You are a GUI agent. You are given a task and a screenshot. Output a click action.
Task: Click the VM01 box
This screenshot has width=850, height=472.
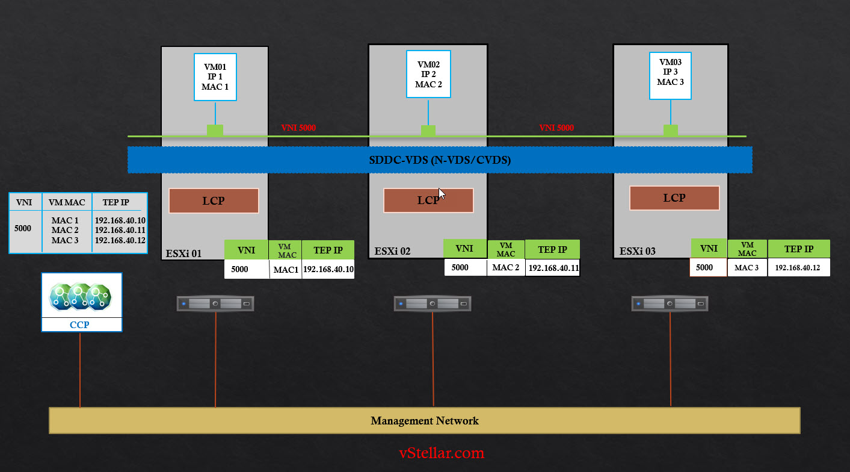click(215, 77)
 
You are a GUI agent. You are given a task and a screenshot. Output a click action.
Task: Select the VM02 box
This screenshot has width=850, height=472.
click(428, 75)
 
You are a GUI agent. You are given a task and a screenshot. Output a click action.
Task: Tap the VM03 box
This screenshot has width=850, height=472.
click(670, 75)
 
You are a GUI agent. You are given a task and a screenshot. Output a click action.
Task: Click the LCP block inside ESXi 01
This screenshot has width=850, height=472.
click(214, 201)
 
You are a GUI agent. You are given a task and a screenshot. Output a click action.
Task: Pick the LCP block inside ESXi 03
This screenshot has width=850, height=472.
click(674, 198)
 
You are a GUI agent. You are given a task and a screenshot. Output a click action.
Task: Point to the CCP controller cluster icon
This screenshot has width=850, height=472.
click(81, 296)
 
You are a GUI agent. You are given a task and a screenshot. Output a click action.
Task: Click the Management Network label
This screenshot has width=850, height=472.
click(425, 421)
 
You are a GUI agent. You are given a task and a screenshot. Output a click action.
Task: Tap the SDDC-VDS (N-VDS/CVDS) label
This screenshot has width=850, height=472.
click(440, 161)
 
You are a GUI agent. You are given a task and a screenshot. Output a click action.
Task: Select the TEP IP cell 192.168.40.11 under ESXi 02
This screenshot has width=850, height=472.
click(553, 267)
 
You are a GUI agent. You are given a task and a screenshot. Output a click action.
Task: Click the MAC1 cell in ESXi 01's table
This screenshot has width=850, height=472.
click(286, 270)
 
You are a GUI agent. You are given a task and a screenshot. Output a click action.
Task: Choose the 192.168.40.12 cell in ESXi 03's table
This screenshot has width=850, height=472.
click(797, 267)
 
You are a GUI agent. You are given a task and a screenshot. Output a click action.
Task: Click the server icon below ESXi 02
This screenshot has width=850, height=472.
click(432, 303)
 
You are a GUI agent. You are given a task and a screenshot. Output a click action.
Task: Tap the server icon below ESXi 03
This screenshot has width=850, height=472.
click(670, 303)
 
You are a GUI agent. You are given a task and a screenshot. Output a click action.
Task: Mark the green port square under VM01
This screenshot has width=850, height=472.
click(215, 130)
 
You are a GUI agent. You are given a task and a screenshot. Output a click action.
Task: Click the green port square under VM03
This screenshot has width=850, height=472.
click(670, 130)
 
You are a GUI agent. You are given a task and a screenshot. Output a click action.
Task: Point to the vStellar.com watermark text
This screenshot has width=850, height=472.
click(442, 453)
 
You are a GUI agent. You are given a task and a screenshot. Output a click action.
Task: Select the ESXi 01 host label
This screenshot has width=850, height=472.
click(184, 253)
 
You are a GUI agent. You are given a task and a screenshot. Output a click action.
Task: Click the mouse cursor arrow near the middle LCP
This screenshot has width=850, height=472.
click(442, 193)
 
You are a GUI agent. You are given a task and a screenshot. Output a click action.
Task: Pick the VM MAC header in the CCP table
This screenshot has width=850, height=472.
click(67, 202)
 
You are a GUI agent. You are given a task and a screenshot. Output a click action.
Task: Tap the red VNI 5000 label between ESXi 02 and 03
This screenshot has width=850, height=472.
click(556, 128)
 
